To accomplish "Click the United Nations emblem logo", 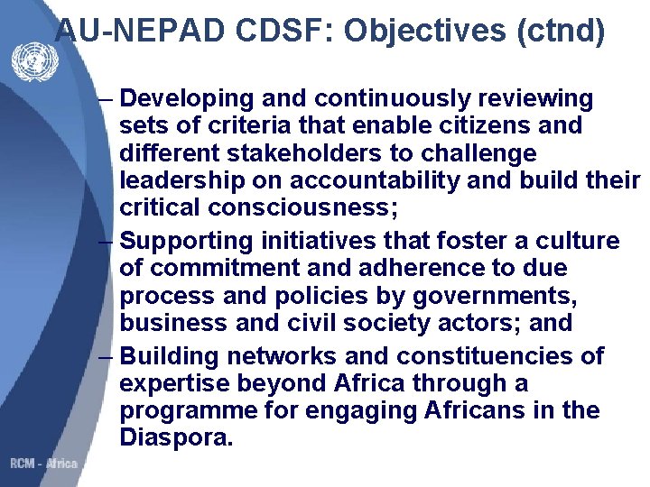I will pyautogui.click(x=33, y=62).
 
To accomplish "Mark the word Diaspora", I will pyautogui.click(x=175, y=440).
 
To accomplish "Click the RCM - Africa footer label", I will pyautogui.click(x=44, y=464).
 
